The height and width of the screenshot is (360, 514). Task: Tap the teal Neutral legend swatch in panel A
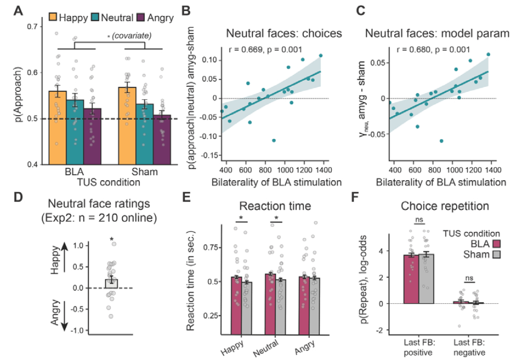pos(96,17)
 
